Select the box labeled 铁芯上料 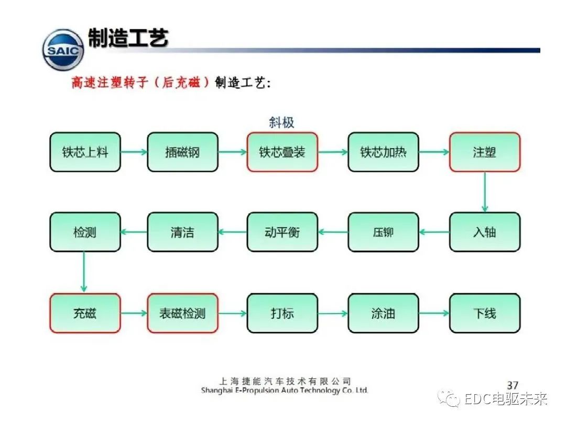tap(85, 152)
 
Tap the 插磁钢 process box tap(182, 152)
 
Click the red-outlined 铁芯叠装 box tap(282, 152)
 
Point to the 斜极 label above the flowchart tap(281, 122)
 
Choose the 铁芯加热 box tap(383, 152)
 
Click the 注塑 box tap(484, 152)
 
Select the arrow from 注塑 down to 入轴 tap(484, 192)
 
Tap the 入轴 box tap(484, 232)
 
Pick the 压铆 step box tap(383, 232)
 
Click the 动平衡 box tap(282, 232)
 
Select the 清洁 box tap(182, 232)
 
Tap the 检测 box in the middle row tap(85, 232)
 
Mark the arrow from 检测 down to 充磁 tap(84, 272)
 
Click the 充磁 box tap(85, 313)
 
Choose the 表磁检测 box tap(182, 313)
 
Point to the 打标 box tap(282, 313)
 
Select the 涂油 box tap(383, 313)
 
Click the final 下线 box tap(484, 313)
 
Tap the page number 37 tap(512, 385)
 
